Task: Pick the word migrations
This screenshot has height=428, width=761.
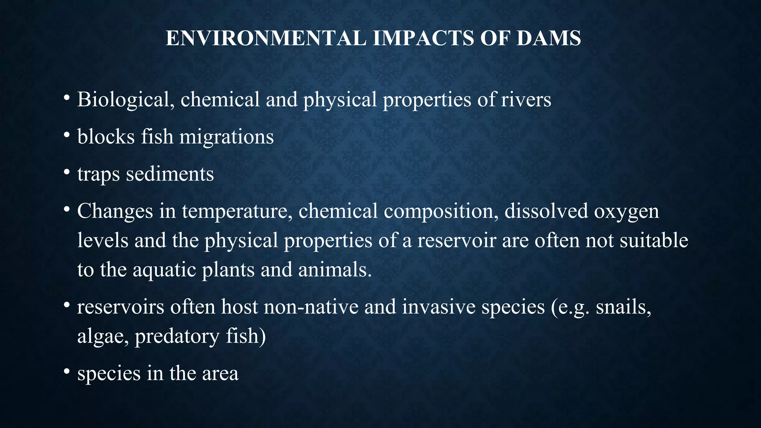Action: click(227, 137)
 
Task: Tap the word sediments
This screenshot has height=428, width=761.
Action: click(170, 174)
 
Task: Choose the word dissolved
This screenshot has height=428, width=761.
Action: click(546, 211)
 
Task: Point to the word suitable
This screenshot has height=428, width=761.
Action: click(654, 240)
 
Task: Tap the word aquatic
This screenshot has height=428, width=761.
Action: click(164, 270)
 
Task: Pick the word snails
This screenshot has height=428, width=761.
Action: click(624, 307)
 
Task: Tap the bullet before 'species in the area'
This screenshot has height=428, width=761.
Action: click(67, 372)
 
